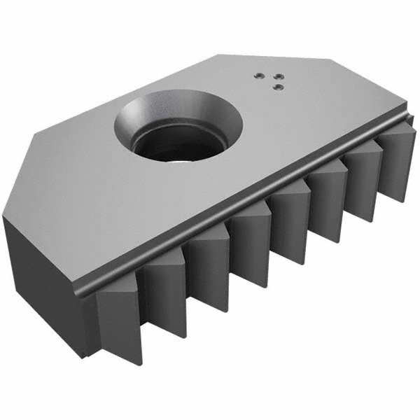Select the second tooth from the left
click(163, 294)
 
